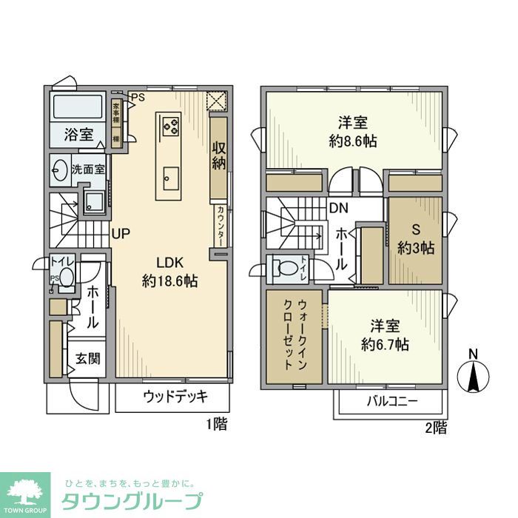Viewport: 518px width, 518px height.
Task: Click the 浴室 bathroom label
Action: [78, 135]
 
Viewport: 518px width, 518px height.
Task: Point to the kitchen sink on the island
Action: [170, 176]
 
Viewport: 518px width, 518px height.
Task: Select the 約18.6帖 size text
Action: [169, 281]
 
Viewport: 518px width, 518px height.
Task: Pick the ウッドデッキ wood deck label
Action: [175, 396]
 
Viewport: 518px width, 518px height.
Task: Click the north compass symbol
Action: [473, 374]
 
